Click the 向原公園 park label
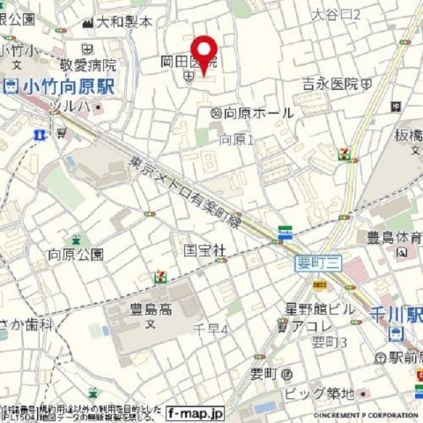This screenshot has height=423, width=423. (x=75, y=255)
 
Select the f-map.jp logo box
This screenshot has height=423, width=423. (x=197, y=412)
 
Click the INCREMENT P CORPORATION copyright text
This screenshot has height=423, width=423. (x=360, y=412)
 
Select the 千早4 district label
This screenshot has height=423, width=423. (x=211, y=330)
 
